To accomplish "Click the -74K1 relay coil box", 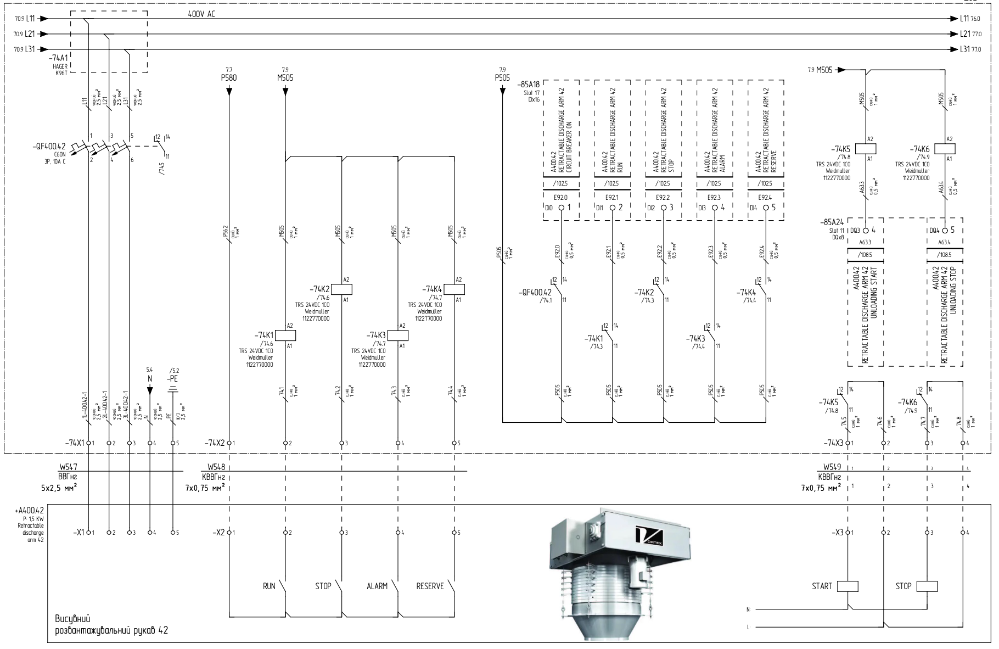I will coord(285,335).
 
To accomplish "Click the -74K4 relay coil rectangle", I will coord(454,289).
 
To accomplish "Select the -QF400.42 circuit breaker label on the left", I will coord(49,147).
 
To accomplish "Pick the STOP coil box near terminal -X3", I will coord(927,586).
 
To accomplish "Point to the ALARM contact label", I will coord(377,586).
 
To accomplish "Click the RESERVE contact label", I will coord(430,586).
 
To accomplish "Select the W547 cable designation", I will coord(68,467).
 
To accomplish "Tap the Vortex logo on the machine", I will coord(649,536).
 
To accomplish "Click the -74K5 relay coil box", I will coord(866,148).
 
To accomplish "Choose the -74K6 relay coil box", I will coord(945,148).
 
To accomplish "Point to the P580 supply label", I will coord(229,78).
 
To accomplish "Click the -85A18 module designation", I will coord(528,85).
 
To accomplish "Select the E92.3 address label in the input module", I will coord(714,197).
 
